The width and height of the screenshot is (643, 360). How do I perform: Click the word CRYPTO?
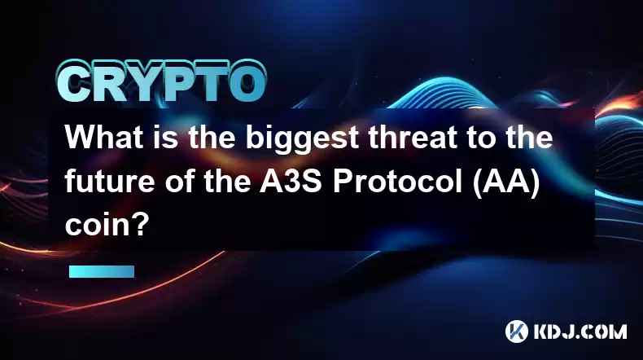pyautogui.click(x=162, y=81)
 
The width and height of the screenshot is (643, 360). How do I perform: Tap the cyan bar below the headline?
pyautogui.click(x=102, y=271)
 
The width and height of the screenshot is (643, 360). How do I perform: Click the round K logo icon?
pyautogui.click(x=516, y=331)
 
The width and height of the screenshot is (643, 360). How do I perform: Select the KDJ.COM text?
pyautogui.click(x=580, y=331)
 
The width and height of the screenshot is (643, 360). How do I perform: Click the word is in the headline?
pyautogui.click(x=166, y=137)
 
